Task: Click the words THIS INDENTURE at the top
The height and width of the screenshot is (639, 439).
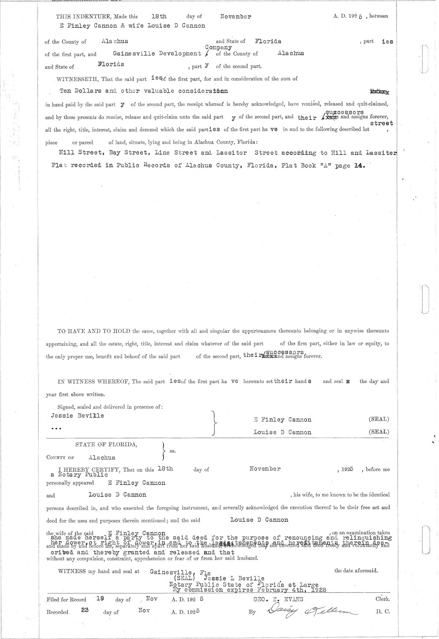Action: [83, 16]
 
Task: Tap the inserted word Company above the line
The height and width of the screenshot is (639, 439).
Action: [218, 48]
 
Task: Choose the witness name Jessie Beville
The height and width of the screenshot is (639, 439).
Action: [78, 416]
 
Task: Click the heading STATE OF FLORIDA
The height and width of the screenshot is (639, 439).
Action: [106, 445]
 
